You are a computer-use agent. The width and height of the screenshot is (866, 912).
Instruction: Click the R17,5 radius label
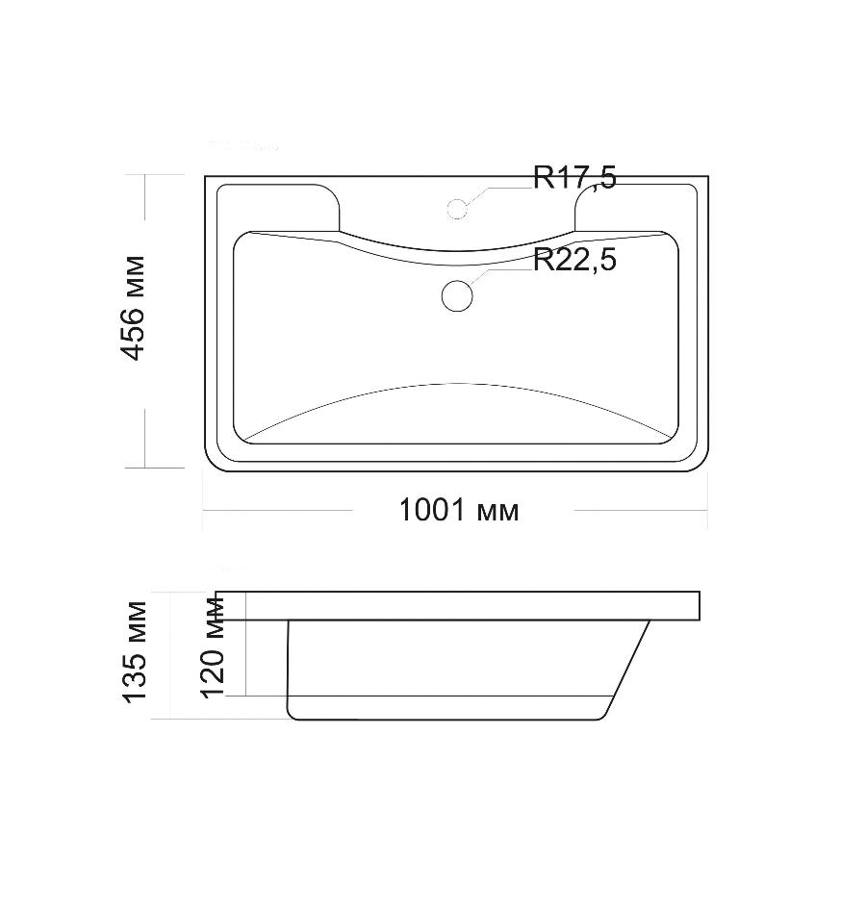coord(574,177)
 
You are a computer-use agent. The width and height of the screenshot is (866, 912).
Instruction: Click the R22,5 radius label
coord(574,260)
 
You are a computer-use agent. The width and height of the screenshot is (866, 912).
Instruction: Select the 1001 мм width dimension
coord(459,510)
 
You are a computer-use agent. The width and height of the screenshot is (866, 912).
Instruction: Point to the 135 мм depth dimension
coord(135,652)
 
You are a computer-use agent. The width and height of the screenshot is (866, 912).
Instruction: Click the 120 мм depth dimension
coord(212,646)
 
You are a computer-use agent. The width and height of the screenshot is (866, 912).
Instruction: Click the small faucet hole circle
coord(457,209)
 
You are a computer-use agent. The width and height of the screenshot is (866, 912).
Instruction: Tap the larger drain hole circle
coord(457,295)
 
